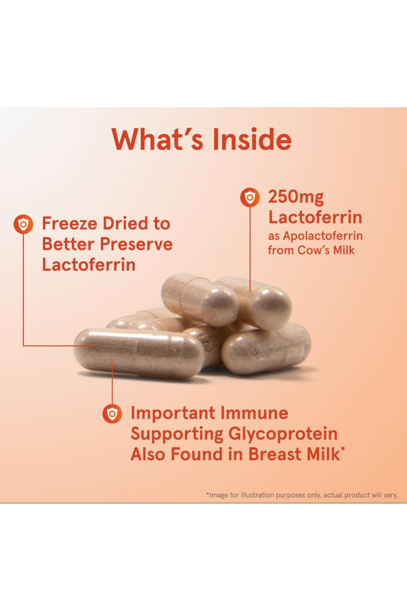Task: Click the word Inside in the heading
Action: [252, 139]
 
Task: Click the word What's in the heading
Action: [157, 139]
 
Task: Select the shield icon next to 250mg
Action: [250, 197]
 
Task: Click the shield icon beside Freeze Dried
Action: [23, 224]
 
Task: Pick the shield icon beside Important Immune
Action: [112, 413]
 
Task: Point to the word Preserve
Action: [136, 244]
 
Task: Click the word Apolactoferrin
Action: [323, 236]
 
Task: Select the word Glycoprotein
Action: [283, 434]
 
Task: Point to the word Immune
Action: [254, 413]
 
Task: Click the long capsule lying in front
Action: [139, 353]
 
